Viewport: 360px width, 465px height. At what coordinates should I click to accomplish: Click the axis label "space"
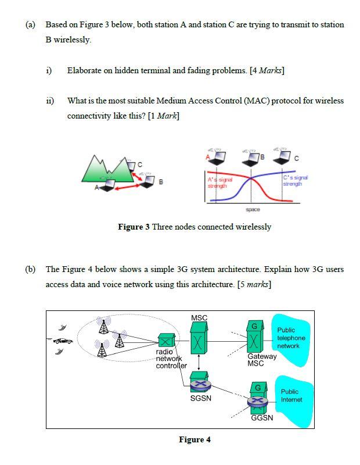coord(253,209)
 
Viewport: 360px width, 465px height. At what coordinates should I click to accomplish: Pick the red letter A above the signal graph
coord(207,157)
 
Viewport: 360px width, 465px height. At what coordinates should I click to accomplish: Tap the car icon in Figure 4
coord(62,341)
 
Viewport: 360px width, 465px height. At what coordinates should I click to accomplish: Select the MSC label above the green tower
coord(199,317)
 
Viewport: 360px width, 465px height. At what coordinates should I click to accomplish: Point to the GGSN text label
coord(261,417)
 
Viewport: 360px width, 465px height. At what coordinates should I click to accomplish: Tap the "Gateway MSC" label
coord(261,360)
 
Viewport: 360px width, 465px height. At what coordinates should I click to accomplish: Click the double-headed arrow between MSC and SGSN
coord(199,362)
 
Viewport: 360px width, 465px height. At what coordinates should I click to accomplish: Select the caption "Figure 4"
coord(194,439)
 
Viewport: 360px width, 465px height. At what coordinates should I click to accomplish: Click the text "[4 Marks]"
coord(267,70)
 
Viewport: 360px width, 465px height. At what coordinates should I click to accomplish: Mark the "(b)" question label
coord(30,269)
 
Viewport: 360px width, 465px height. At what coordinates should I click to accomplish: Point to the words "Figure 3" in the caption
coord(134,227)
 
